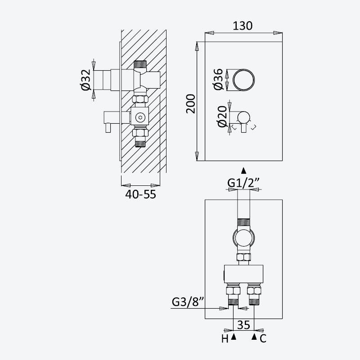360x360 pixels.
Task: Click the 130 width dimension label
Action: coord(243,26)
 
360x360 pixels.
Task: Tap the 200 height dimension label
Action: coord(190,103)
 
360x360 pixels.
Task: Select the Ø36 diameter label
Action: coord(218,79)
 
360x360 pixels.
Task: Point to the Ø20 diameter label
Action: coord(222,117)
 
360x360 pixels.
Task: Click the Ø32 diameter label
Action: coord(86,80)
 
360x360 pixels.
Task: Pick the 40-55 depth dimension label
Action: coord(140,194)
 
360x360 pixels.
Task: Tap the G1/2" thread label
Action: coord(243,183)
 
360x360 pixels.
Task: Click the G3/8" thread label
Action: coord(188,302)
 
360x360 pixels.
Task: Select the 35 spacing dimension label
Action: coord(243,325)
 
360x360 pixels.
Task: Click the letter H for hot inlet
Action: coord(225,339)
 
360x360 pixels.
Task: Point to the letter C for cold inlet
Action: coord(263,339)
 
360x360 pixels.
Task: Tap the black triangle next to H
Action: coord(234,337)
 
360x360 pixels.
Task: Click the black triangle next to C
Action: coord(254,337)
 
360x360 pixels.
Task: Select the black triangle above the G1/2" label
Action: coord(244,171)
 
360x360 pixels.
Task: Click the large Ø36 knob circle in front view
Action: coord(243,69)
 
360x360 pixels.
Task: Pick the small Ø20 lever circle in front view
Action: coord(243,112)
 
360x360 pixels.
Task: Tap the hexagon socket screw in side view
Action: coord(140,118)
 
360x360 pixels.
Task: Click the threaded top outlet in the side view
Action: coord(140,64)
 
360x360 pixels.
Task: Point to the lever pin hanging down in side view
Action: coord(108,128)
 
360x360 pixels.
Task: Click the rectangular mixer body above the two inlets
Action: coord(243,274)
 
